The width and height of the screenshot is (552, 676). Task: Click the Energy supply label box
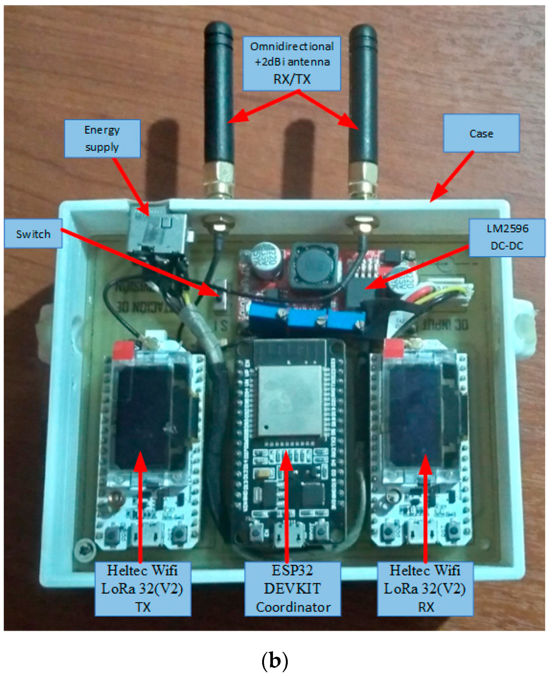click(102, 139)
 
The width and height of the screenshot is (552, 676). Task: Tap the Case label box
click(481, 133)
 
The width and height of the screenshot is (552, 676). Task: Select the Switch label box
click(33, 234)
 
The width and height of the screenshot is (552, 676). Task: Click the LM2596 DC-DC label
click(507, 237)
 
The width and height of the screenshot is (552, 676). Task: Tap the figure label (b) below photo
click(275, 660)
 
